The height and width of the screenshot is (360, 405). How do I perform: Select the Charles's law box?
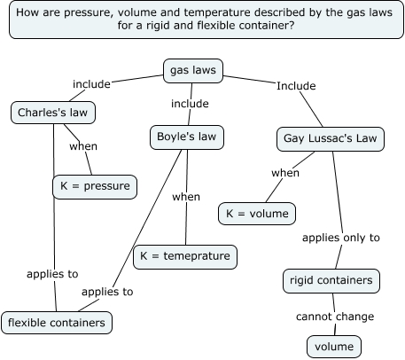(x=53, y=113)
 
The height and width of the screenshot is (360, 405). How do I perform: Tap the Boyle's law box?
(x=185, y=137)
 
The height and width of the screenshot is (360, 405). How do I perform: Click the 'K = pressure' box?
(x=93, y=186)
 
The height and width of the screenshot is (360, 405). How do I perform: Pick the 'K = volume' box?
(x=256, y=213)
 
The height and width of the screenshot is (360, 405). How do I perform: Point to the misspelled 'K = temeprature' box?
(x=185, y=257)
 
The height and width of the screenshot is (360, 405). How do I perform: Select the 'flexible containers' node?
(x=57, y=323)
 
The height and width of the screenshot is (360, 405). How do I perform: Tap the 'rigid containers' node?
(x=332, y=281)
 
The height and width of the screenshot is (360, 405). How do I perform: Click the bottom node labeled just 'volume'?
(x=335, y=347)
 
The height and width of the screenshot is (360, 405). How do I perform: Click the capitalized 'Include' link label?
(x=295, y=86)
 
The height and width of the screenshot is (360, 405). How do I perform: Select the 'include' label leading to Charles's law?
(x=91, y=84)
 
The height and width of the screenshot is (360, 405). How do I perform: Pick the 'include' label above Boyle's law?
(x=190, y=104)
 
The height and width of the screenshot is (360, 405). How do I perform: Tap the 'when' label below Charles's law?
(x=83, y=146)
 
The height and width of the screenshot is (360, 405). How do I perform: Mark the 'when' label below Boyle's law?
(x=186, y=196)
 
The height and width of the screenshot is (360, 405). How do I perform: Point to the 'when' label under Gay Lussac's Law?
(x=285, y=173)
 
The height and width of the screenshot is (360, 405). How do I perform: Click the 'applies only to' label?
(x=341, y=238)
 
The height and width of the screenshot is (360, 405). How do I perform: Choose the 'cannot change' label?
(x=335, y=316)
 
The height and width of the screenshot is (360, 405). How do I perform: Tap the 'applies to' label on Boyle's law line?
(x=107, y=291)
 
